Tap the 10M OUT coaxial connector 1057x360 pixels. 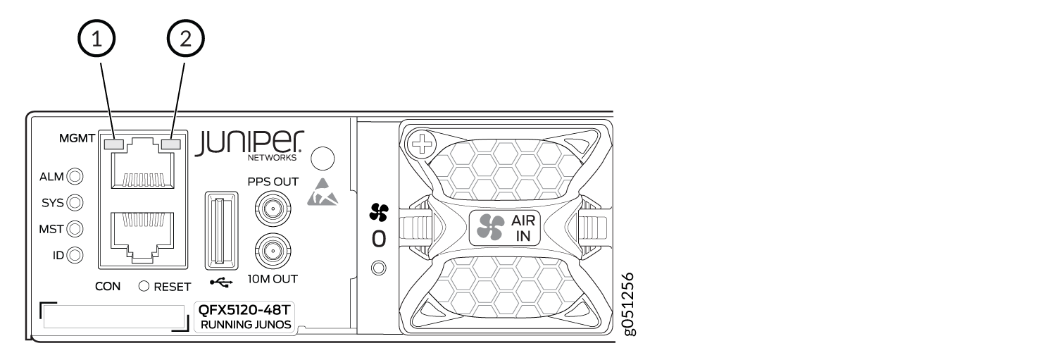coord(268,250)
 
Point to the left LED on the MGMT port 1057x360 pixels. coord(113,144)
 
